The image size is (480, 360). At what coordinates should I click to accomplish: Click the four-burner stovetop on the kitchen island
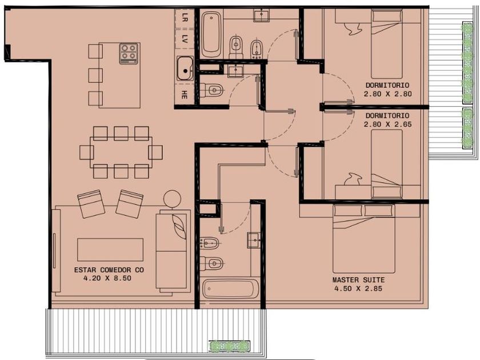129,54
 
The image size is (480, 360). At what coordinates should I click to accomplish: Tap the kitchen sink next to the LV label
185,69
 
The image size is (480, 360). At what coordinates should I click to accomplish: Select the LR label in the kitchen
185,18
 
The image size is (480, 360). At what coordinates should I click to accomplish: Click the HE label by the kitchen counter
184,95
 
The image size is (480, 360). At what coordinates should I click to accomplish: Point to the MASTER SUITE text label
358,280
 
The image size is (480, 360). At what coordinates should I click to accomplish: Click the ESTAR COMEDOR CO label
109,270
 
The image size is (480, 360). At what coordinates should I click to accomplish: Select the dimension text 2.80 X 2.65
387,125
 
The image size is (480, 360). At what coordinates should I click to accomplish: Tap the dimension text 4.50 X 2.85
358,289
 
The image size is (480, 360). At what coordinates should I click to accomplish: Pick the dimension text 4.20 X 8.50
107,278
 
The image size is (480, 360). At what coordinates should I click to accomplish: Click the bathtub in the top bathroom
211,34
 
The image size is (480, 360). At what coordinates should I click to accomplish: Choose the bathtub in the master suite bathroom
230,289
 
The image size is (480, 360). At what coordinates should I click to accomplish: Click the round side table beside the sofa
172,199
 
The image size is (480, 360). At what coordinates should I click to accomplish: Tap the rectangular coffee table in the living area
110,250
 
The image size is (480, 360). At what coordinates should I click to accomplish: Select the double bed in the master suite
363,239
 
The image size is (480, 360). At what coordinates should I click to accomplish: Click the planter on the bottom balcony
229,346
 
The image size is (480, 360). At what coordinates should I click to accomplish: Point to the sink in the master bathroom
254,241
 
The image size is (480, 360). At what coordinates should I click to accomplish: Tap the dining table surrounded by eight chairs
121,153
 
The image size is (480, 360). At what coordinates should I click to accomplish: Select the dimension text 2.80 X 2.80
387,94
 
